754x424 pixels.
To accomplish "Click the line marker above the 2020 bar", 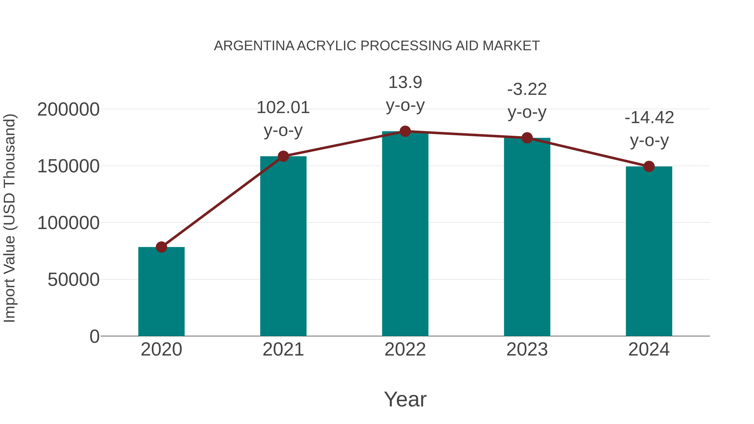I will pos(161,247).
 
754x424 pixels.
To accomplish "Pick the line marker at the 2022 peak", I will pos(405,131).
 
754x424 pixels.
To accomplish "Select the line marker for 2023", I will pos(527,138).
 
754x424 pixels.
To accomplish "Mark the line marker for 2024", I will pos(649,166).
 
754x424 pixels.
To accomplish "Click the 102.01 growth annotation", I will pos(283,108).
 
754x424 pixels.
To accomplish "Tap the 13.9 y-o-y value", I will pos(405,82).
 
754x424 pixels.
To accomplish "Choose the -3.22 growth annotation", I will pos(527,90).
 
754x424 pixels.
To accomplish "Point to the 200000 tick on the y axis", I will pos(68,110).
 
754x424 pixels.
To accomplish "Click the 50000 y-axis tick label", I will pos(74,280).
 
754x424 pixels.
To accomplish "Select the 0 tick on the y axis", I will pos(94,336).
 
